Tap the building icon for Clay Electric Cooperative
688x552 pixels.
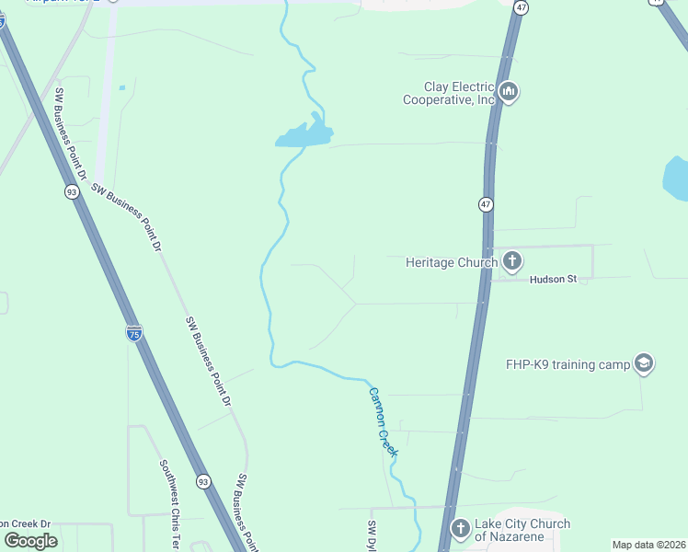click(509, 92)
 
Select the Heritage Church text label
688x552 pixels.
click(452, 262)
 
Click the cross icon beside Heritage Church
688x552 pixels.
click(512, 262)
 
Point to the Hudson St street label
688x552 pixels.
click(552, 279)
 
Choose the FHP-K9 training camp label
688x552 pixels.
click(568, 364)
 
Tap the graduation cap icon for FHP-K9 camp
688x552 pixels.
click(644, 364)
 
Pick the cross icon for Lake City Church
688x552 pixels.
click(460, 529)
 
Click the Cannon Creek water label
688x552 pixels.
click(384, 421)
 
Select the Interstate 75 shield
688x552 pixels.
click(134, 332)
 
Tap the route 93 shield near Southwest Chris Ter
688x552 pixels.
click(203, 481)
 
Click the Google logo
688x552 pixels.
click(30, 541)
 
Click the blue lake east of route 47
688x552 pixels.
click(676, 178)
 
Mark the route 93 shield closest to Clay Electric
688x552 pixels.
click(72, 192)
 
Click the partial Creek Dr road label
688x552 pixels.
click(26, 523)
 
